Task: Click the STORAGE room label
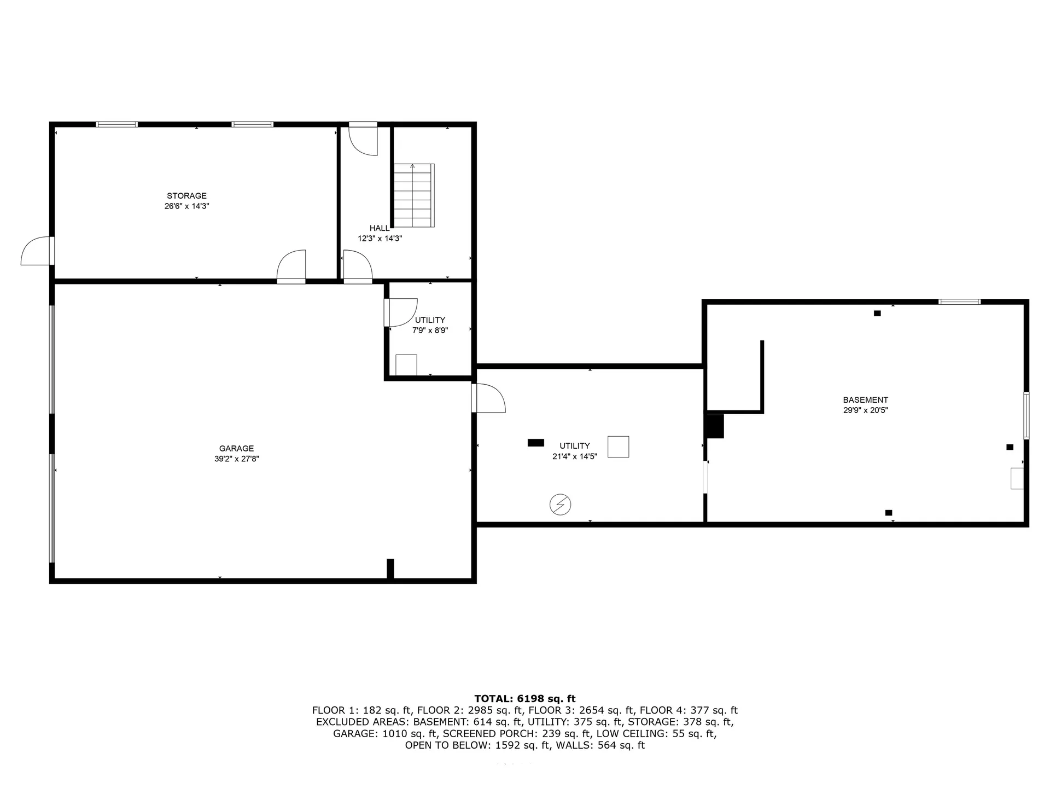click(x=186, y=196)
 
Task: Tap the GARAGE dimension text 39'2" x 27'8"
click(x=236, y=459)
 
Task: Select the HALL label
click(x=380, y=228)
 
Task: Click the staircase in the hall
click(x=414, y=195)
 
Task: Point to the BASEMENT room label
click(x=865, y=400)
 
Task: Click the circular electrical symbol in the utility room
click(x=560, y=505)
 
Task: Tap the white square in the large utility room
click(x=618, y=447)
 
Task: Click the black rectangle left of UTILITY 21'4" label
click(x=535, y=443)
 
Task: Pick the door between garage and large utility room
click(x=488, y=398)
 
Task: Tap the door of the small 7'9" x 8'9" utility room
click(x=401, y=312)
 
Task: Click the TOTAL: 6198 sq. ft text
click(x=524, y=699)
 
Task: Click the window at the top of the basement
click(x=959, y=302)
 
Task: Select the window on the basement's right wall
click(x=1026, y=415)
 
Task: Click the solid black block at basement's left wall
click(x=715, y=426)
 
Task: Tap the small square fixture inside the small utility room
click(x=406, y=365)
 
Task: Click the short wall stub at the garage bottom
click(x=390, y=569)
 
